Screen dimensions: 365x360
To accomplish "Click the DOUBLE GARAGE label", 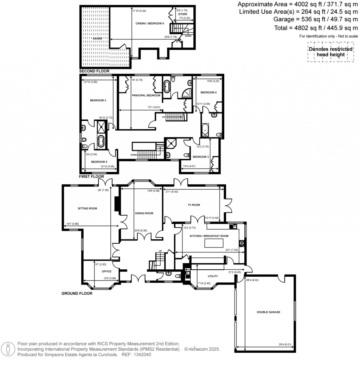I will pos(268,312).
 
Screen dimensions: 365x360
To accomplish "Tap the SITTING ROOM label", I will pos(87,209).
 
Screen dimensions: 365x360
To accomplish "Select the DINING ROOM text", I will pos(144,213).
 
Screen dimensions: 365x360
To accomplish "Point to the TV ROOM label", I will pos(193,205).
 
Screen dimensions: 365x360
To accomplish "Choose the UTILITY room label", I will pos(213,276).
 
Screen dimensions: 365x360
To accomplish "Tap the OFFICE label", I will pos(107,271).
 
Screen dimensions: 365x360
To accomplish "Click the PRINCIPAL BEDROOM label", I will pos(146,95).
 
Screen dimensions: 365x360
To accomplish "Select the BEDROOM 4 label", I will pos(208,92).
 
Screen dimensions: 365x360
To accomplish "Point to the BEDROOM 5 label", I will pos(99,162).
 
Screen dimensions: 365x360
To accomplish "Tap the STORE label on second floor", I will pos(182,14).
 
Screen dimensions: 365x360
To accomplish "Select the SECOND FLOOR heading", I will pos(94,71).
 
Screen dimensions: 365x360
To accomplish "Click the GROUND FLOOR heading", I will pos(77,293).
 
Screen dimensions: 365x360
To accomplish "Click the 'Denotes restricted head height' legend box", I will pos(330,52).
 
